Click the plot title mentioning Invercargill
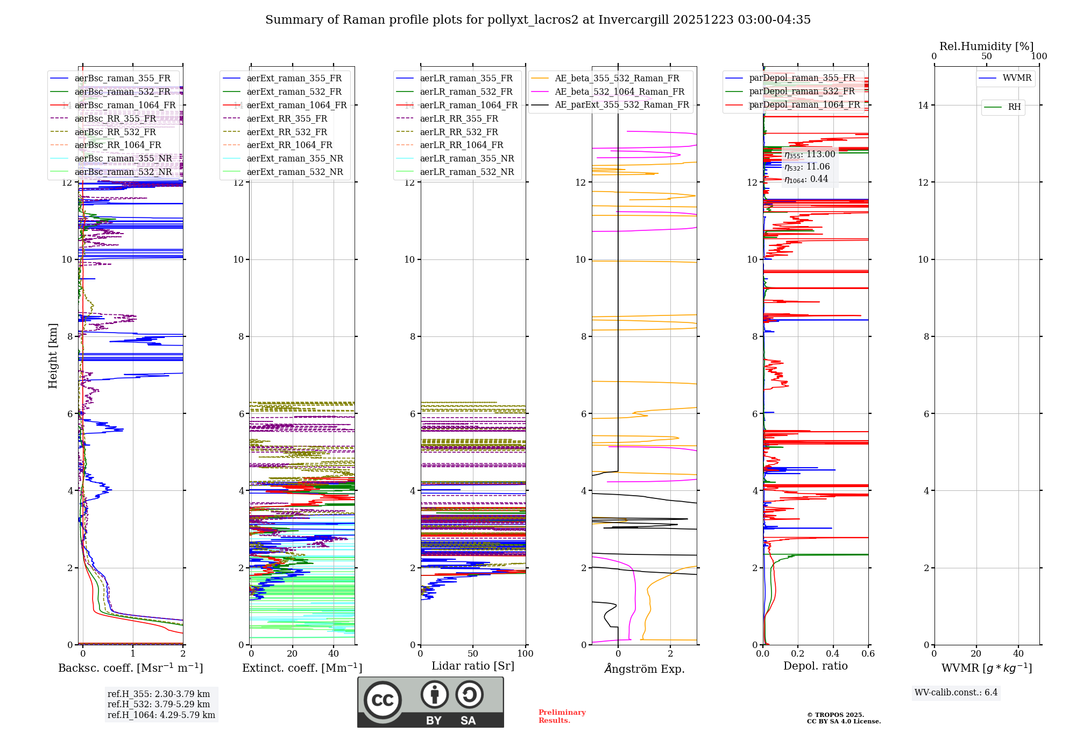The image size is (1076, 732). point(537,20)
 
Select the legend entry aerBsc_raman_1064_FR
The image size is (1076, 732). point(125,105)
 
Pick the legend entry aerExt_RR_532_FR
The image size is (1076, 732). point(287,132)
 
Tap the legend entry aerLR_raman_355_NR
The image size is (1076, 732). point(466,159)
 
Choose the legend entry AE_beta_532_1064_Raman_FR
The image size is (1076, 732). point(619,92)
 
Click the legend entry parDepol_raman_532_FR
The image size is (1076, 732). point(802,91)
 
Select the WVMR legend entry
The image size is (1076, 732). point(1017,78)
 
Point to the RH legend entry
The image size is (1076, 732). point(1014,107)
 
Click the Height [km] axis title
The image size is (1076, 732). point(53,356)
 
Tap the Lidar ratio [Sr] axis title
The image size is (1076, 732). point(473,666)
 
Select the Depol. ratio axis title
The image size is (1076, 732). point(815,666)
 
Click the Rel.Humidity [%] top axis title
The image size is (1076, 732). point(986,46)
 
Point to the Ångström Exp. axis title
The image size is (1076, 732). point(644,668)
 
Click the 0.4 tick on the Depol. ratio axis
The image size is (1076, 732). point(833,653)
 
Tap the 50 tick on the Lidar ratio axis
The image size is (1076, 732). point(473,653)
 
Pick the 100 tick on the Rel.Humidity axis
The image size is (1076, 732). point(1039,56)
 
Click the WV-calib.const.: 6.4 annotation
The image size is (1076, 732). point(955,692)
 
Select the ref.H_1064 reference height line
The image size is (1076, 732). point(161,715)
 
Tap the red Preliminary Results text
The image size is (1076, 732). point(562,716)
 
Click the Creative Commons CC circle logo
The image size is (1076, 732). point(383,700)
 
